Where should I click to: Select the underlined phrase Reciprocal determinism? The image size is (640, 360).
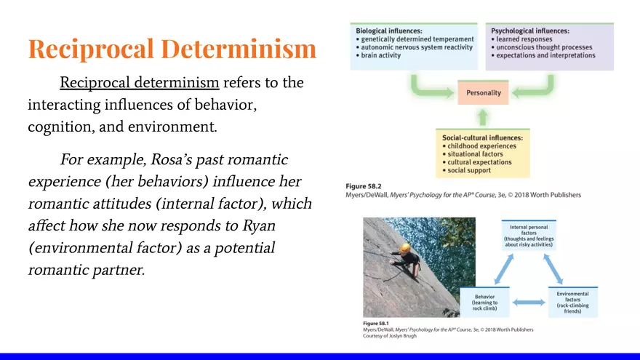(x=139, y=82)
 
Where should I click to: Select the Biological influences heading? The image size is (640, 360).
(x=389, y=31)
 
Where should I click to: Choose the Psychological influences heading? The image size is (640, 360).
(x=530, y=31)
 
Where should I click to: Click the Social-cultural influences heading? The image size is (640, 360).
(x=487, y=137)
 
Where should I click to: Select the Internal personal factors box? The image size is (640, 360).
(x=529, y=236)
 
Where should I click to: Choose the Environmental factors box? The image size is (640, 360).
(x=572, y=302)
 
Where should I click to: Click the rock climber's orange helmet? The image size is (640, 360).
(x=405, y=249)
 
